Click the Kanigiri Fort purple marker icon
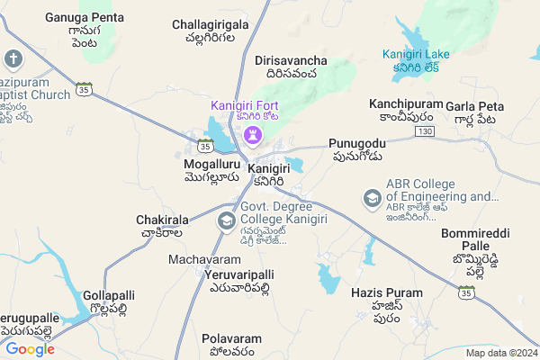coord(252,134)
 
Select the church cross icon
coord(13,60)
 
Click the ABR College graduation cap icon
coord(372,197)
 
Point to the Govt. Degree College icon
coord(227,220)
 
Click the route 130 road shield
coord(426,131)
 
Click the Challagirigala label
coord(210,24)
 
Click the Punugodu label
coord(357,144)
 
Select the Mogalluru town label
coord(211,166)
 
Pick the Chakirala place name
coord(162,220)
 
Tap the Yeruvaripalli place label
coord(238,274)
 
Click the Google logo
coord(31,348)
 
